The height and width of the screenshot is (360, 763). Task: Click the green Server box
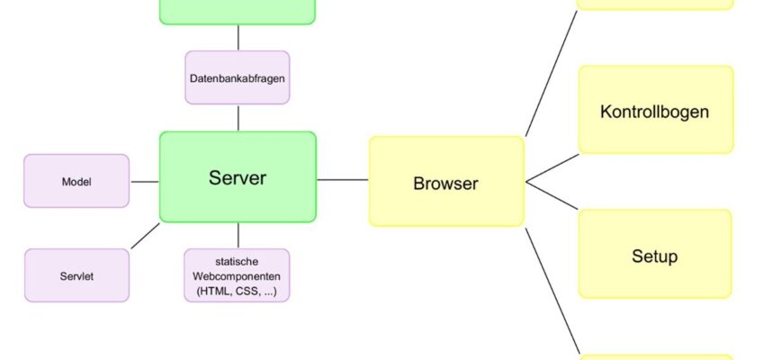[x=238, y=177]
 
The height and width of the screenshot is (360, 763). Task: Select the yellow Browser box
[x=446, y=182]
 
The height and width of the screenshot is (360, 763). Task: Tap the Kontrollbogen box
[x=655, y=110]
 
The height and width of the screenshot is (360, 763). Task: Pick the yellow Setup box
[x=655, y=254]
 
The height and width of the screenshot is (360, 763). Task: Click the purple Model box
[x=76, y=181]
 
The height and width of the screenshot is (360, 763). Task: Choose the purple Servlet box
[x=76, y=275]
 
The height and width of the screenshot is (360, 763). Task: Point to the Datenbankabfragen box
[x=238, y=77]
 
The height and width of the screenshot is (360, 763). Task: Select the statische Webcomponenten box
[x=237, y=275]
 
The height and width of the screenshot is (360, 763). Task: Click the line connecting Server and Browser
[x=343, y=180]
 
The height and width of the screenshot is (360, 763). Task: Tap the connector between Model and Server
[x=145, y=182]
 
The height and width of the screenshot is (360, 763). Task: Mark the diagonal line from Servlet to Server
[x=145, y=236]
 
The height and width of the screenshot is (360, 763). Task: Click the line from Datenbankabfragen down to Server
[x=238, y=118]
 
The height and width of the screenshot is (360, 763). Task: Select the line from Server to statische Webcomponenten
[x=238, y=236]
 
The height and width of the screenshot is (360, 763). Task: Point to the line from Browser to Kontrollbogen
[x=552, y=168]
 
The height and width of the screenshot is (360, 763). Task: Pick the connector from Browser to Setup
[x=552, y=196]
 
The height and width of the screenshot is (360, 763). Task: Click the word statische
[x=237, y=262]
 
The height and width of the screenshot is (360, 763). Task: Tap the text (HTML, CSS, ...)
[x=237, y=292]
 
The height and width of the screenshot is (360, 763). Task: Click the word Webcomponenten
[x=237, y=276]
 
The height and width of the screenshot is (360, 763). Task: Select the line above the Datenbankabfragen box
[x=238, y=38]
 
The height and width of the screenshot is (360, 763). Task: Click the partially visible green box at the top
[x=238, y=12]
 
